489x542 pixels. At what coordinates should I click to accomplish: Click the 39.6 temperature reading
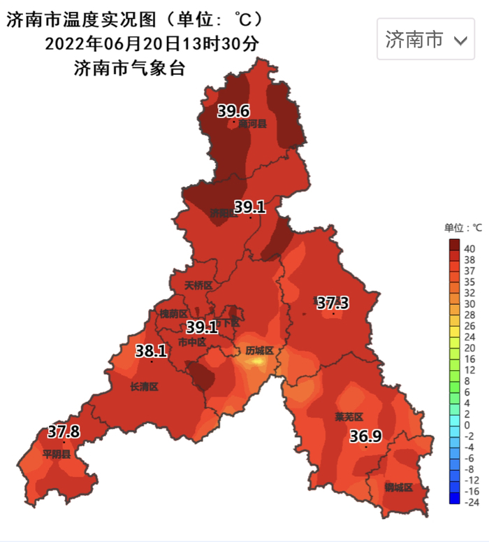(233, 110)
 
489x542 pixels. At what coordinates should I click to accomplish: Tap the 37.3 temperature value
(333, 303)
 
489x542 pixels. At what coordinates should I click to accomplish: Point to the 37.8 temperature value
(64, 432)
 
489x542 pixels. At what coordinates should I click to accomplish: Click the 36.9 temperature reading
(365, 437)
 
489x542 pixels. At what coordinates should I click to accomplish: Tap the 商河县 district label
(252, 124)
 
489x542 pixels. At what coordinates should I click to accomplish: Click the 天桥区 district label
(198, 286)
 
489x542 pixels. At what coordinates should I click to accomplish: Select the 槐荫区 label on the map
(173, 314)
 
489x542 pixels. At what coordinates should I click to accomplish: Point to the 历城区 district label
(258, 350)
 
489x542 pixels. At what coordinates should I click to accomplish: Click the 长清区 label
(145, 387)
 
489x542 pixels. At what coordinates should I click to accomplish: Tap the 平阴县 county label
(57, 454)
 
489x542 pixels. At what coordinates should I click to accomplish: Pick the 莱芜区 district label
(348, 417)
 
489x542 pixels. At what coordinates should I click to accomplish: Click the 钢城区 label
(398, 487)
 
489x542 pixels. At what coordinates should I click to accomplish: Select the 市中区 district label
(192, 342)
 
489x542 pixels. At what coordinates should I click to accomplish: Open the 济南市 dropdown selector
(426, 40)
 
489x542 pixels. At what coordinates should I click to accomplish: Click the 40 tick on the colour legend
(469, 248)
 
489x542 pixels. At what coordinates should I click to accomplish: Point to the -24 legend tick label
(472, 502)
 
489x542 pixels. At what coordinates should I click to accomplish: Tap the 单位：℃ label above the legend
(463, 228)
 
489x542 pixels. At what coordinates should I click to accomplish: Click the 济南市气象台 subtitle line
(129, 68)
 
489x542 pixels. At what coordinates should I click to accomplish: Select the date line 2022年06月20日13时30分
(152, 43)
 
